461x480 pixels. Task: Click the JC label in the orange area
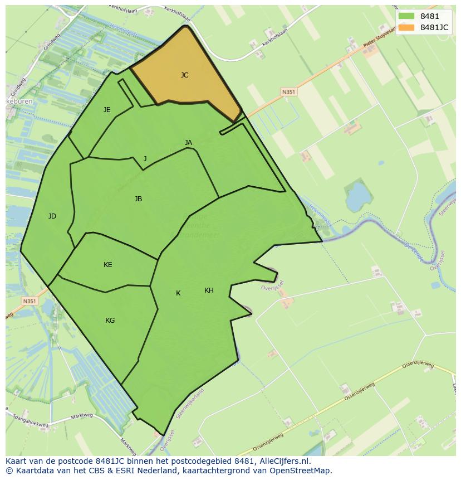click(x=184, y=75)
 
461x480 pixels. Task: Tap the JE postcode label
click(x=107, y=110)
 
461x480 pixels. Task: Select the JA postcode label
click(x=188, y=143)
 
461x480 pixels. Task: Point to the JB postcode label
click(x=138, y=199)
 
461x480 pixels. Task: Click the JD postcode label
click(x=52, y=216)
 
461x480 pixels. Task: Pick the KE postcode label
click(x=107, y=265)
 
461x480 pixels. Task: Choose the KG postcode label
click(x=110, y=321)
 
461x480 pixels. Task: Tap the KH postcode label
click(x=209, y=290)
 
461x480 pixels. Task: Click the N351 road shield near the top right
click(x=288, y=92)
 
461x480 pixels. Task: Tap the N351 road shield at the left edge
click(x=29, y=301)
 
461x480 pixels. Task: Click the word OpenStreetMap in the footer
click(x=300, y=471)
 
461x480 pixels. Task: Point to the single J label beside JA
click(x=145, y=159)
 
